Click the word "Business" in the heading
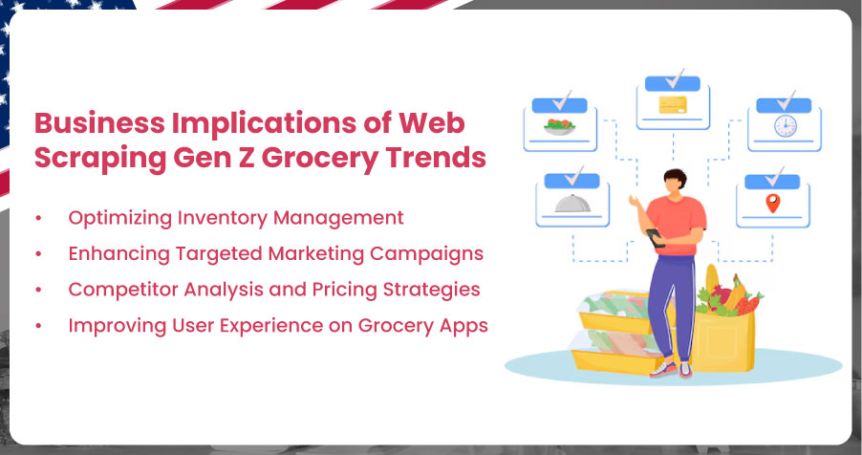pyautogui.click(x=99, y=123)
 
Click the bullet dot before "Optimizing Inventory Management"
pyautogui.click(x=38, y=218)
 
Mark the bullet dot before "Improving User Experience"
pyautogui.click(x=38, y=326)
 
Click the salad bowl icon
pyautogui.click(x=559, y=127)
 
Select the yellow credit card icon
pyautogui.click(x=673, y=105)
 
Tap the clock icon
pyautogui.click(x=785, y=126)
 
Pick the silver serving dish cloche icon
pyautogui.click(x=572, y=203)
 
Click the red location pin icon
pyautogui.click(x=773, y=203)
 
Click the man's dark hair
pyautogui.click(x=675, y=178)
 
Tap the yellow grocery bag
pyautogui.click(x=721, y=341)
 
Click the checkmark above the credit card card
pyautogui.click(x=675, y=79)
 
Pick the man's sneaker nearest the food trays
pyautogui.click(x=663, y=370)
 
